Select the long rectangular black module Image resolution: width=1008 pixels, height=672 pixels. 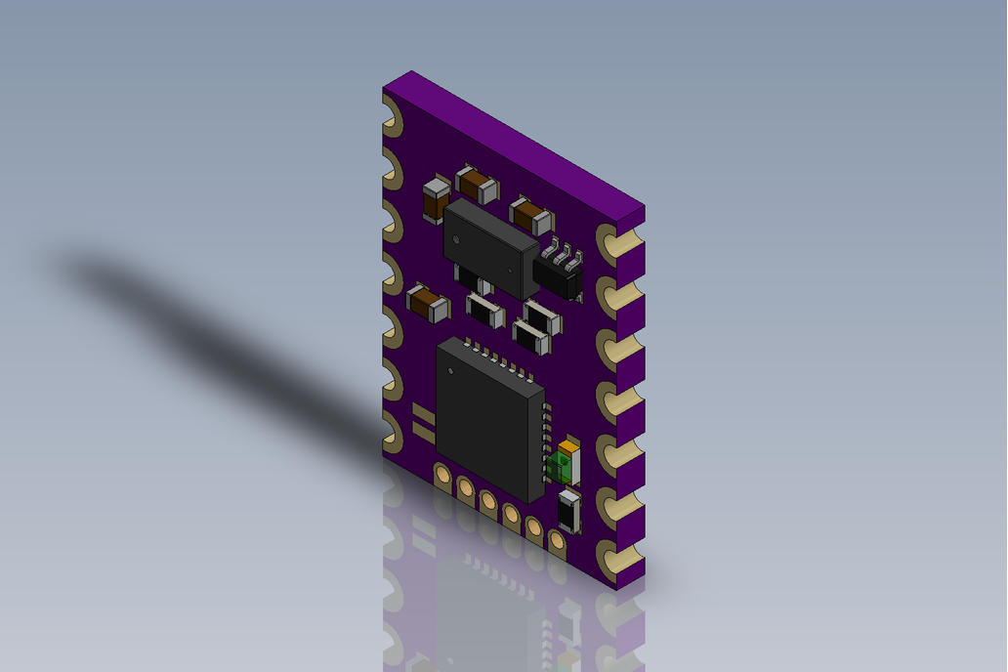489,247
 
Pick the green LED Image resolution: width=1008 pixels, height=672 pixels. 561,466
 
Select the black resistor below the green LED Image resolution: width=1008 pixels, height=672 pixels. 568,512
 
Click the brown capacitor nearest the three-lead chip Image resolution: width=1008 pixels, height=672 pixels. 530,214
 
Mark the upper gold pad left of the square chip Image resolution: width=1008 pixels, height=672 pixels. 423,412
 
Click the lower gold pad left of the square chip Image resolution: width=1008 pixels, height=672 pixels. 423,430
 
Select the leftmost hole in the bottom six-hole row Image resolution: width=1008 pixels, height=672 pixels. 442,476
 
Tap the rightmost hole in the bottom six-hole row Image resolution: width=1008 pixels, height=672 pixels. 557,538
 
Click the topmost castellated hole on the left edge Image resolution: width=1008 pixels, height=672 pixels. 391,117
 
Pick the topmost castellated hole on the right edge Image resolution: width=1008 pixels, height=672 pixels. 611,242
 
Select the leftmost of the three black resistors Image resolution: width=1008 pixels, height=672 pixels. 484,311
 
